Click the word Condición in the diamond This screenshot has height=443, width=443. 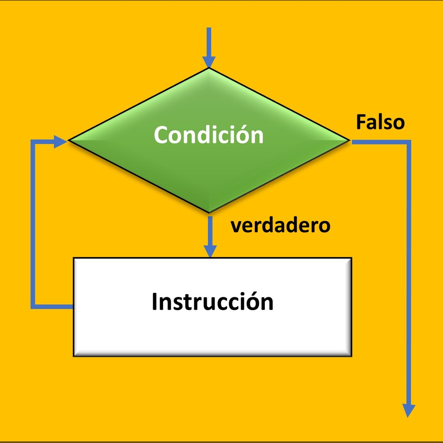coord(209,135)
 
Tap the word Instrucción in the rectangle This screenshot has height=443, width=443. coord(212,302)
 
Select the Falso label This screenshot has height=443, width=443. coord(380,122)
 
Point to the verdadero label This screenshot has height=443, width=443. coord(280,225)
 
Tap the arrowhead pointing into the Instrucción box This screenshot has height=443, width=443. coord(210,251)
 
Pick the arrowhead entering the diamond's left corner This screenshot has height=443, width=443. coord(60,141)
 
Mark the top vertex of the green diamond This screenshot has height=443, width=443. coord(209,68)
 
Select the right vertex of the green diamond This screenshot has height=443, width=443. coord(350,140)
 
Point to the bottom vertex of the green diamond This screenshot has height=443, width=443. coord(209,212)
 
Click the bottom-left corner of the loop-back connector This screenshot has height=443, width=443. coord(33,307)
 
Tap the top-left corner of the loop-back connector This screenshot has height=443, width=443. coord(33,141)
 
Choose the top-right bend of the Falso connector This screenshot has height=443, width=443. coord(409,142)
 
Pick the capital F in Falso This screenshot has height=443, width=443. coord(361,122)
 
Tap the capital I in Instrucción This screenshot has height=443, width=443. coord(154,302)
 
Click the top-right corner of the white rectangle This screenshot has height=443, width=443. coord(351,258)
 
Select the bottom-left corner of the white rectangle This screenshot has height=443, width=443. coord(74,356)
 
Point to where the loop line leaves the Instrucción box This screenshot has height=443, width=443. coord(73,307)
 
